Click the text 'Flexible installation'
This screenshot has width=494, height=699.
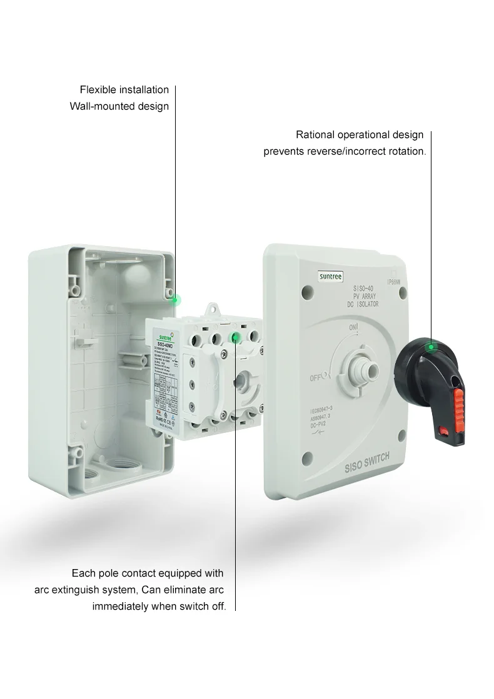124,90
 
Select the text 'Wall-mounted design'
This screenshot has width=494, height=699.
119,106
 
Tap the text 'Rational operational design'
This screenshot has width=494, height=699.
360,135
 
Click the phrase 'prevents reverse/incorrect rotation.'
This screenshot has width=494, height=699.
345,151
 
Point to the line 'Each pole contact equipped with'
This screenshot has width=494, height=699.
148,573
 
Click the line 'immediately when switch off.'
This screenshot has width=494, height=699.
159,606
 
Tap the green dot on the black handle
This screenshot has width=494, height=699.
430,346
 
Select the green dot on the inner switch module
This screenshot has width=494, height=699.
236,338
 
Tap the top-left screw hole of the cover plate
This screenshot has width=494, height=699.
306,291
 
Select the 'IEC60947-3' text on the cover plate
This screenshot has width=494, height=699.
325,410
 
